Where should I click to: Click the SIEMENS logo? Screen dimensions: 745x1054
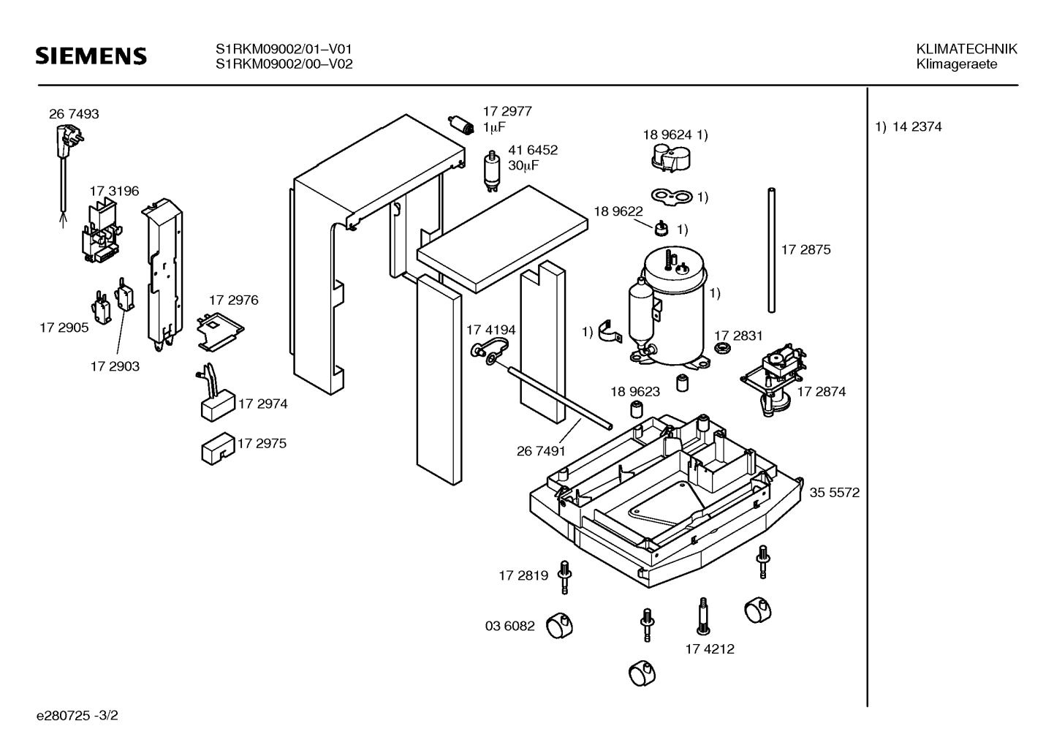coord(91,56)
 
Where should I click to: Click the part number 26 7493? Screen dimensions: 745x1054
coord(74,114)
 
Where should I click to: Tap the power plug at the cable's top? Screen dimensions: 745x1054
coord(64,137)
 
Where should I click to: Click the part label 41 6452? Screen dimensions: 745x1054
coord(533,150)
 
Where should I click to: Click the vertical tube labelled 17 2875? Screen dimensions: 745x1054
coord(771,250)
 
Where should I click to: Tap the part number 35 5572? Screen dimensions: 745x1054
coord(834,493)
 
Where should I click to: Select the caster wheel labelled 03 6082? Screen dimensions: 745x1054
coord(560,625)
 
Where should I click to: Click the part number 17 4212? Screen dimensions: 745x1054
coord(710,648)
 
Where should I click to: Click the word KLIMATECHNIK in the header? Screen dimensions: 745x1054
coord(966,49)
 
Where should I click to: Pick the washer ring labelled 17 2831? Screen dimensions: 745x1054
coord(723,347)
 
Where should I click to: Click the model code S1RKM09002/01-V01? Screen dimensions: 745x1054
coord(284,49)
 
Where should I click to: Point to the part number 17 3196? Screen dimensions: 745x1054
coord(114,191)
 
